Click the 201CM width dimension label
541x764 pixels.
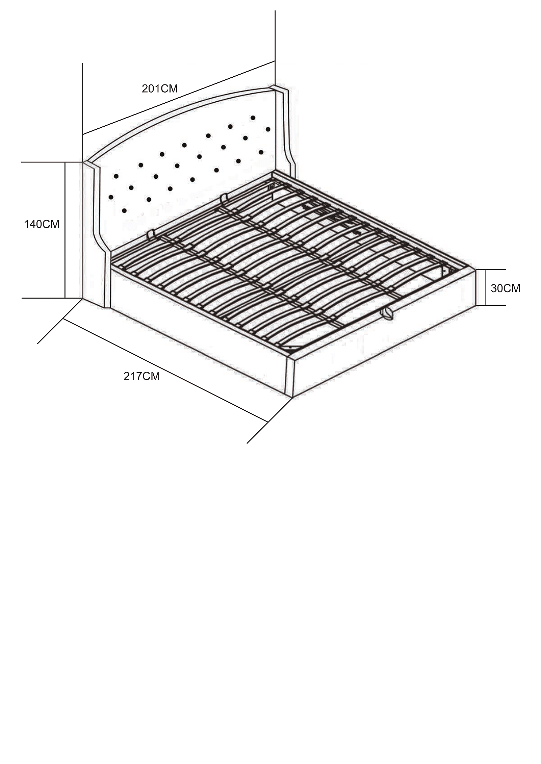tap(160, 88)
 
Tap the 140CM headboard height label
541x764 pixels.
tap(42, 224)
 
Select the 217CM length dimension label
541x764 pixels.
tap(141, 376)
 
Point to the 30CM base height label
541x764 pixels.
tap(506, 288)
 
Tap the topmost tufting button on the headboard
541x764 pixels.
tap(253, 118)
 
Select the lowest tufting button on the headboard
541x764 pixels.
tap(124, 210)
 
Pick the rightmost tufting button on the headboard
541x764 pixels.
tap(268, 129)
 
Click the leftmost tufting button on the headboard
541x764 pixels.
tap(110, 197)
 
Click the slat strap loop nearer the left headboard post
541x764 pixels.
tap(151, 234)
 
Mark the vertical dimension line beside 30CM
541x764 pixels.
tap(486, 287)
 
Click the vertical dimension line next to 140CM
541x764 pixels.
tap(65, 230)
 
